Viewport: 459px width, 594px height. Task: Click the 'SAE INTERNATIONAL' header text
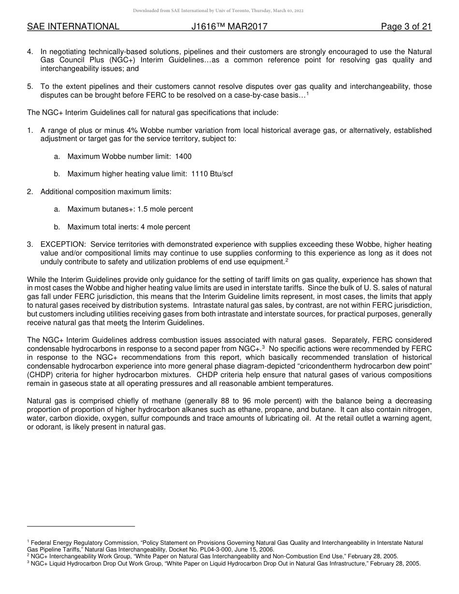point(73,27)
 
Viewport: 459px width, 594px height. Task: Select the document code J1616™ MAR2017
point(229,27)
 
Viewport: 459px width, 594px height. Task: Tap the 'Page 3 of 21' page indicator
point(406,27)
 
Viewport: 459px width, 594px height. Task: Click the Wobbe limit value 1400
point(183,156)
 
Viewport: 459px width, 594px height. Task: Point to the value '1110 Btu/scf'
point(212,174)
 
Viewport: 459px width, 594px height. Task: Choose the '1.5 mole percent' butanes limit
point(165,209)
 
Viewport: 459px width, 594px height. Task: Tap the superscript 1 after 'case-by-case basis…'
point(308,94)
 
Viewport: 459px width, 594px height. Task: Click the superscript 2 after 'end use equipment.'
point(287,260)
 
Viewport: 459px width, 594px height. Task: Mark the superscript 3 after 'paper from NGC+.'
point(263,347)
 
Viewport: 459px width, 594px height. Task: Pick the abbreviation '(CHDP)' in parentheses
point(41,375)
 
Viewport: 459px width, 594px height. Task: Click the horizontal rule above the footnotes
point(81,526)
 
